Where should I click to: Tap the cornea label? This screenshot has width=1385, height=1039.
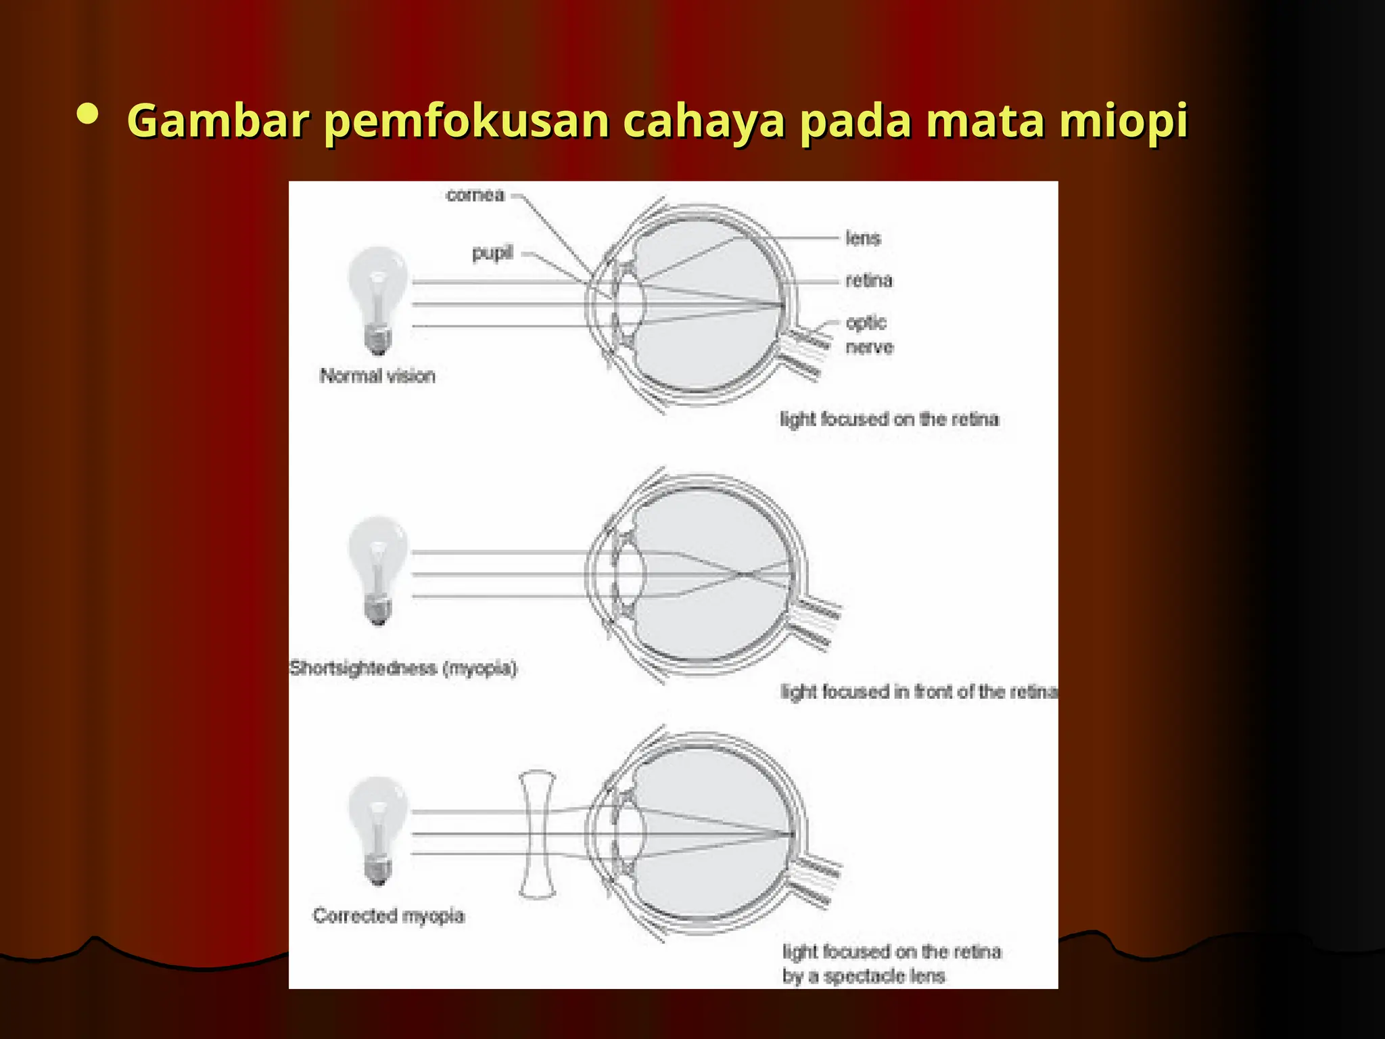pos(475,195)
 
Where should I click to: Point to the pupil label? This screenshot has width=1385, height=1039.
pos(492,253)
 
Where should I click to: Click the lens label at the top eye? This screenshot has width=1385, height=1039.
pos(863,238)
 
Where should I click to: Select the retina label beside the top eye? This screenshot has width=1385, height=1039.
pos(869,280)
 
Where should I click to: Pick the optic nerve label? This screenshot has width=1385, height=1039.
pos(868,335)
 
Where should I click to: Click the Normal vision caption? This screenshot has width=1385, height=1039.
pos(377,376)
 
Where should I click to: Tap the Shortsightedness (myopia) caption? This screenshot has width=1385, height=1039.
pos(403,669)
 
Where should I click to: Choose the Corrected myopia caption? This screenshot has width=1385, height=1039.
pos(389,916)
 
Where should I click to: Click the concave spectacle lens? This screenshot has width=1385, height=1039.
pos(538,835)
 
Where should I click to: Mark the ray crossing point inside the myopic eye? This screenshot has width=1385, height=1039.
pos(741,574)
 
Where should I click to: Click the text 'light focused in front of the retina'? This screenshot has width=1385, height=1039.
pos(918,692)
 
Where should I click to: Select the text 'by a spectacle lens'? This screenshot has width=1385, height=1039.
pos(864,976)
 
